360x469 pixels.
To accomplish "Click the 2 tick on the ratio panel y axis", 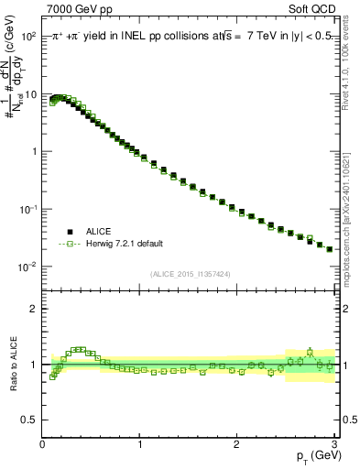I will (33, 309).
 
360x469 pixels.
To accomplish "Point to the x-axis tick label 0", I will (42, 444).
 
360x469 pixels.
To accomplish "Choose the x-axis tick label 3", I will (335, 444).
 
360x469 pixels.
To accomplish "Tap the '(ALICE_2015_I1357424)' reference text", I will (190, 273).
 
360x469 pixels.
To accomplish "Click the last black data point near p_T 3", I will (330, 248).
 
